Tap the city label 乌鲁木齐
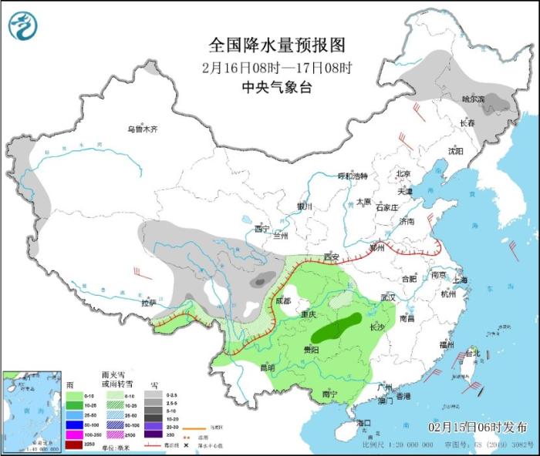pos(143,129)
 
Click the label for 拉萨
pos(148,302)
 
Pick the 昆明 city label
pos(267,367)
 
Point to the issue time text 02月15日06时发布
pos(478,426)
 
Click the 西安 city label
pos(332,256)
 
